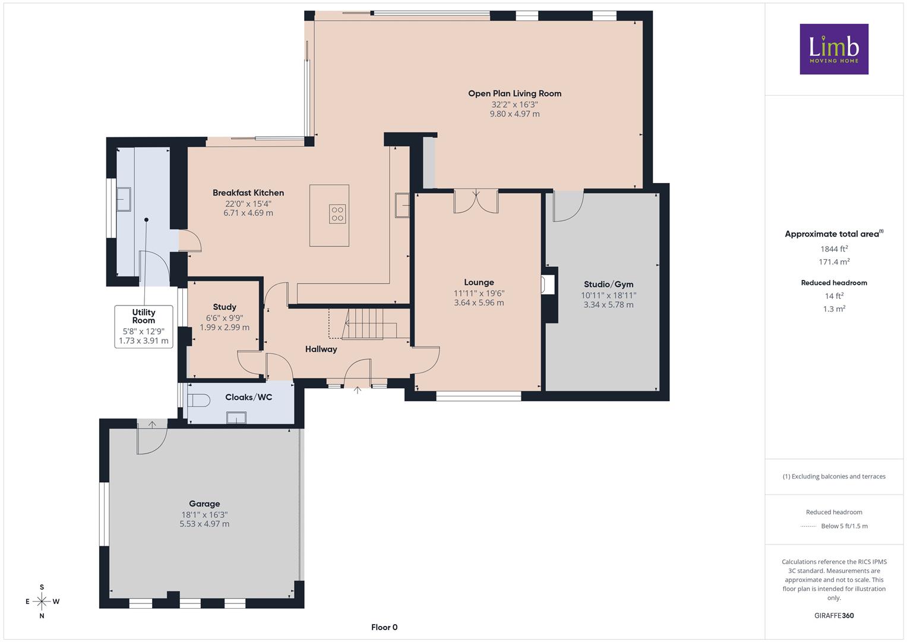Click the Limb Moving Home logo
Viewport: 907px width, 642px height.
point(834,49)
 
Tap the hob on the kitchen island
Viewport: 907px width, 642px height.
point(337,214)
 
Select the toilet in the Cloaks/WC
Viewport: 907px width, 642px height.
point(199,401)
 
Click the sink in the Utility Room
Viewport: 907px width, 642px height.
point(124,199)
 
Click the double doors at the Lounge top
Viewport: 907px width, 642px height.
point(476,201)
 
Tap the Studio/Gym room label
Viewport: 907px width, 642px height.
point(608,285)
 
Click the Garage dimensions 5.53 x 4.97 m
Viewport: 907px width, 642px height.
point(204,524)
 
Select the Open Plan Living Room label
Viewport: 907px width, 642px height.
point(514,94)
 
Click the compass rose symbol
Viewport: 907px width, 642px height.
point(42,601)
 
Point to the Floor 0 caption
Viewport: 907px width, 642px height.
point(384,627)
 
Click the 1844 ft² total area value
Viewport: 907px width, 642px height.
point(834,249)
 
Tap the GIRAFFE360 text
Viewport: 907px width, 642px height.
point(834,615)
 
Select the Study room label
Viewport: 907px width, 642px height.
point(225,307)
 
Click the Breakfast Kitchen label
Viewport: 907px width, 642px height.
point(248,193)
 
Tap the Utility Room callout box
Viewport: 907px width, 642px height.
point(144,327)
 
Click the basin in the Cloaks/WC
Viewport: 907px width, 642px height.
point(236,417)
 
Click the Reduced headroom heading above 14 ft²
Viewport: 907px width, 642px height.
point(834,283)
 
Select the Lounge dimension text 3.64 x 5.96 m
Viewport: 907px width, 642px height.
point(479,303)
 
